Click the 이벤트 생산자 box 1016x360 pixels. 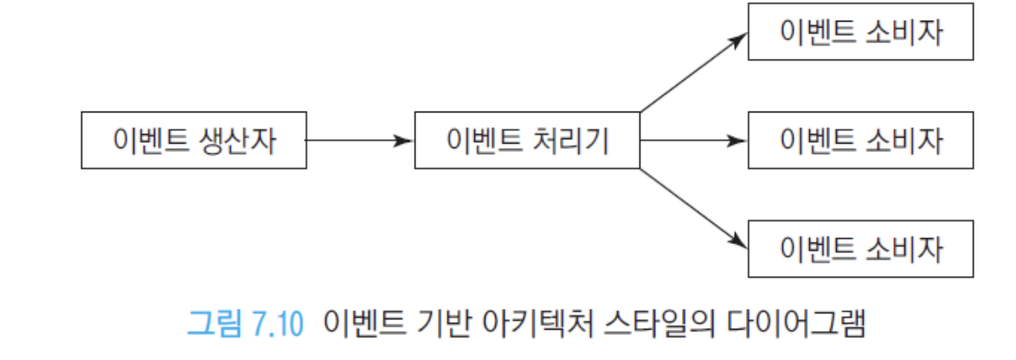[x=194, y=140]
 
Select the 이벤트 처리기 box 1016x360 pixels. [x=527, y=140]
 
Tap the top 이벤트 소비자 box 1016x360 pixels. [x=860, y=32]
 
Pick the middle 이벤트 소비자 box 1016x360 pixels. [x=860, y=140]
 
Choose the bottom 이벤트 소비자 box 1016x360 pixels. [x=860, y=248]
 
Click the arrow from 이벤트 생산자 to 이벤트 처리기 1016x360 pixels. [x=360, y=140]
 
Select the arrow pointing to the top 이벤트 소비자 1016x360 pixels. [x=694, y=73]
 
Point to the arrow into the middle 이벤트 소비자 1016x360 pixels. [x=694, y=140]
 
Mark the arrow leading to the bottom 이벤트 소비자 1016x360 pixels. [x=694, y=208]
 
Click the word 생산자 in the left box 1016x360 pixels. [x=235, y=140]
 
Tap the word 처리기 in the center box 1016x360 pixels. [x=569, y=140]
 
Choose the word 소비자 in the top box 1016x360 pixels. [x=902, y=32]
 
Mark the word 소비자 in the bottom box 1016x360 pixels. [x=902, y=249]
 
